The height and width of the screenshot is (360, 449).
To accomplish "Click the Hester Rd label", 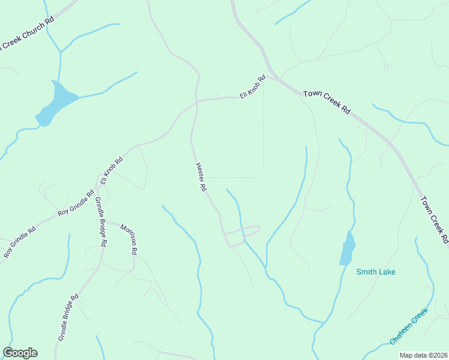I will [201, 177].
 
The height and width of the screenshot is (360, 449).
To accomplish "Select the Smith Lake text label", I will [376, 272].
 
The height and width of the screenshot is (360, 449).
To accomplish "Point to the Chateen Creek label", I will [408, 326].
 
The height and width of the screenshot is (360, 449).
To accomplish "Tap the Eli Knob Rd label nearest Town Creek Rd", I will [253, 87].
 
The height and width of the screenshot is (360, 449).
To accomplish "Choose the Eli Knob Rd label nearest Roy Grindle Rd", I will [112, 170].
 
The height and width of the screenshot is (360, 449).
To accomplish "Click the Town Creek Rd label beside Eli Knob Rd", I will [327, 102].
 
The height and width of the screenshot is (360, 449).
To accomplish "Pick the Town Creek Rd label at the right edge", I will [435, 219].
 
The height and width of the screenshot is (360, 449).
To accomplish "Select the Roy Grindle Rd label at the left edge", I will [20, 242].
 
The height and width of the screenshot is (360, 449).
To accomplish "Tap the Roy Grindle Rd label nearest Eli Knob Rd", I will [76, 203].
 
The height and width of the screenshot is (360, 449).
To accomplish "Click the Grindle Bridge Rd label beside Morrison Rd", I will [100, 223].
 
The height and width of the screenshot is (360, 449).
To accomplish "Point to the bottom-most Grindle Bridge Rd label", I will [68, 318].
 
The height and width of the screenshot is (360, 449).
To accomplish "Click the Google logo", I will [20, 353].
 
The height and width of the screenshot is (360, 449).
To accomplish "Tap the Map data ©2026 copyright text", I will [423, 355].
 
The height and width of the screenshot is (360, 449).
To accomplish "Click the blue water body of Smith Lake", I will [348, 248].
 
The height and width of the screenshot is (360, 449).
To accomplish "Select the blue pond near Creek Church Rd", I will [56, 103].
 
